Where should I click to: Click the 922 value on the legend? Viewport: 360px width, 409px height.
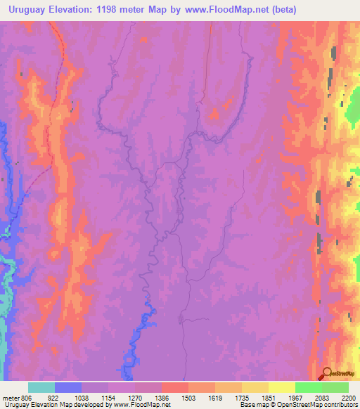pos(55,397)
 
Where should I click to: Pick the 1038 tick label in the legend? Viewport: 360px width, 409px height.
pos(82,397)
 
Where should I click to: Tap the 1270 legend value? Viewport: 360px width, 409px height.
pos(135,397)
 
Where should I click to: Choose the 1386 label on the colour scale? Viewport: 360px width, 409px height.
pos(162,397)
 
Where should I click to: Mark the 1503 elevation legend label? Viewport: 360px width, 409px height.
pos(188,397)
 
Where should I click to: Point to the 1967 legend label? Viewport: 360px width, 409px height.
pos(295,397)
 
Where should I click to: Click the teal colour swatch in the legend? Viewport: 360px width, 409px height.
pos(41,387)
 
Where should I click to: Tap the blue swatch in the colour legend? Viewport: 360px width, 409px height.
pos(68,387)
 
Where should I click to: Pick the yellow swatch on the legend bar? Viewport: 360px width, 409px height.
pos(281,387)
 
